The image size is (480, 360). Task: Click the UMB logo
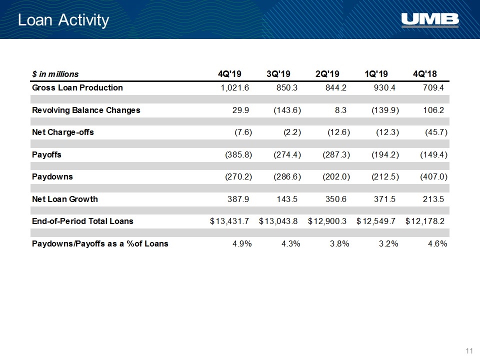[x=430, y=20]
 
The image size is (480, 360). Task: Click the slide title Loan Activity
[x=63, y=20]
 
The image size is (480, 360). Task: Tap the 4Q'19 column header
[x=229, y=74]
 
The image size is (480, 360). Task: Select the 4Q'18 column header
[x=425, y=74]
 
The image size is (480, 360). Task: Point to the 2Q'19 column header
[x=327, y=74]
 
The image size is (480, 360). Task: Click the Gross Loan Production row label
[x=77, y=87]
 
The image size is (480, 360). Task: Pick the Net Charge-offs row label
[x=63, y=132]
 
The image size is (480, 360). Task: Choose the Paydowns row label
[x=52, y=176]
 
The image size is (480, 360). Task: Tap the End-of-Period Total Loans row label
[x=82, y=221]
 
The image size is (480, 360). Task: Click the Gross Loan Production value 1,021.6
[x=235, y=88]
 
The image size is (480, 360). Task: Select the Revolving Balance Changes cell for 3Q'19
[x=287, y=110]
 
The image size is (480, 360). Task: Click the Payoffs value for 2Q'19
[x=336, y=154]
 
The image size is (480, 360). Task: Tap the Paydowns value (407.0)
[x=434, y=176]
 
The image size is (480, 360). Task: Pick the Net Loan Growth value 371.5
[x=384, y=199]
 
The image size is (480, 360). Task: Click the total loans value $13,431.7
[x=229, y=221]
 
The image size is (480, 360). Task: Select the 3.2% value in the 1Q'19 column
[x=388, y=243]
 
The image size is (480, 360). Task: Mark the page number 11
[x=469, y=350]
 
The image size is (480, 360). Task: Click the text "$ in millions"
[x=55, y=74]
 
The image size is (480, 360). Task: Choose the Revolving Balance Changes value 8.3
[x=340, y=110]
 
